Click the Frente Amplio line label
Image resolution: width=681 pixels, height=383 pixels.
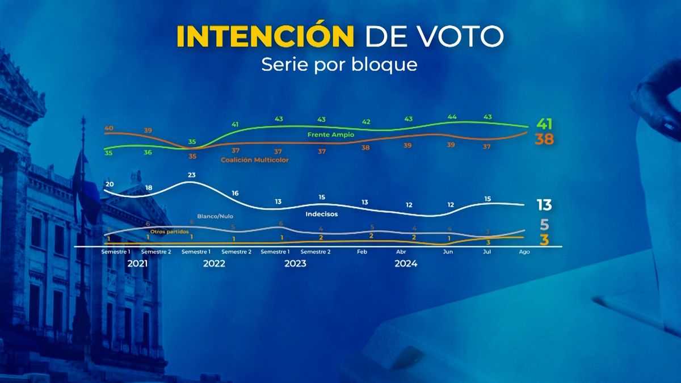click(330, 135)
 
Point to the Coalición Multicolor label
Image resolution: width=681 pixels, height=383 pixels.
click(254, 160)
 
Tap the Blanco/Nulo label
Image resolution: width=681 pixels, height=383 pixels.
click(215, 216)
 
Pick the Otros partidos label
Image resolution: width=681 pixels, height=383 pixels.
click(169, 232)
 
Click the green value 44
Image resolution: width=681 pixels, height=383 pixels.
click(452, 116)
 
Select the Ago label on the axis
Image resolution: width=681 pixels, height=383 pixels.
click(524, 252)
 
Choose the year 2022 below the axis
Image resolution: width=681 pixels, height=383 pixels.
click(214, 264)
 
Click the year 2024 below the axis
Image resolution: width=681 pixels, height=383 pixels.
click(406, 264)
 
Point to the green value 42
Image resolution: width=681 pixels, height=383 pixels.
click(367, 122)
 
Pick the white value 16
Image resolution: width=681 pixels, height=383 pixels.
click(235, 193)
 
